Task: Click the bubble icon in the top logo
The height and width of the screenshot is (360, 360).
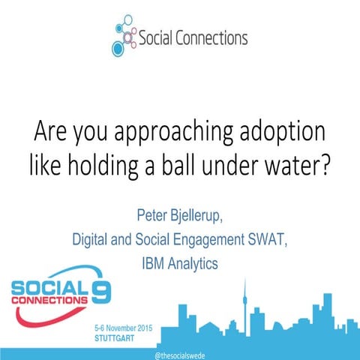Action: point(125,35)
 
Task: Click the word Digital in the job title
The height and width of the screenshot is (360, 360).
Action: point(91,241)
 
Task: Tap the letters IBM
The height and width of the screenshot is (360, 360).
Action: point(153,264)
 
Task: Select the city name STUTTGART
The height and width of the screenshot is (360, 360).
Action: point(118,338)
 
